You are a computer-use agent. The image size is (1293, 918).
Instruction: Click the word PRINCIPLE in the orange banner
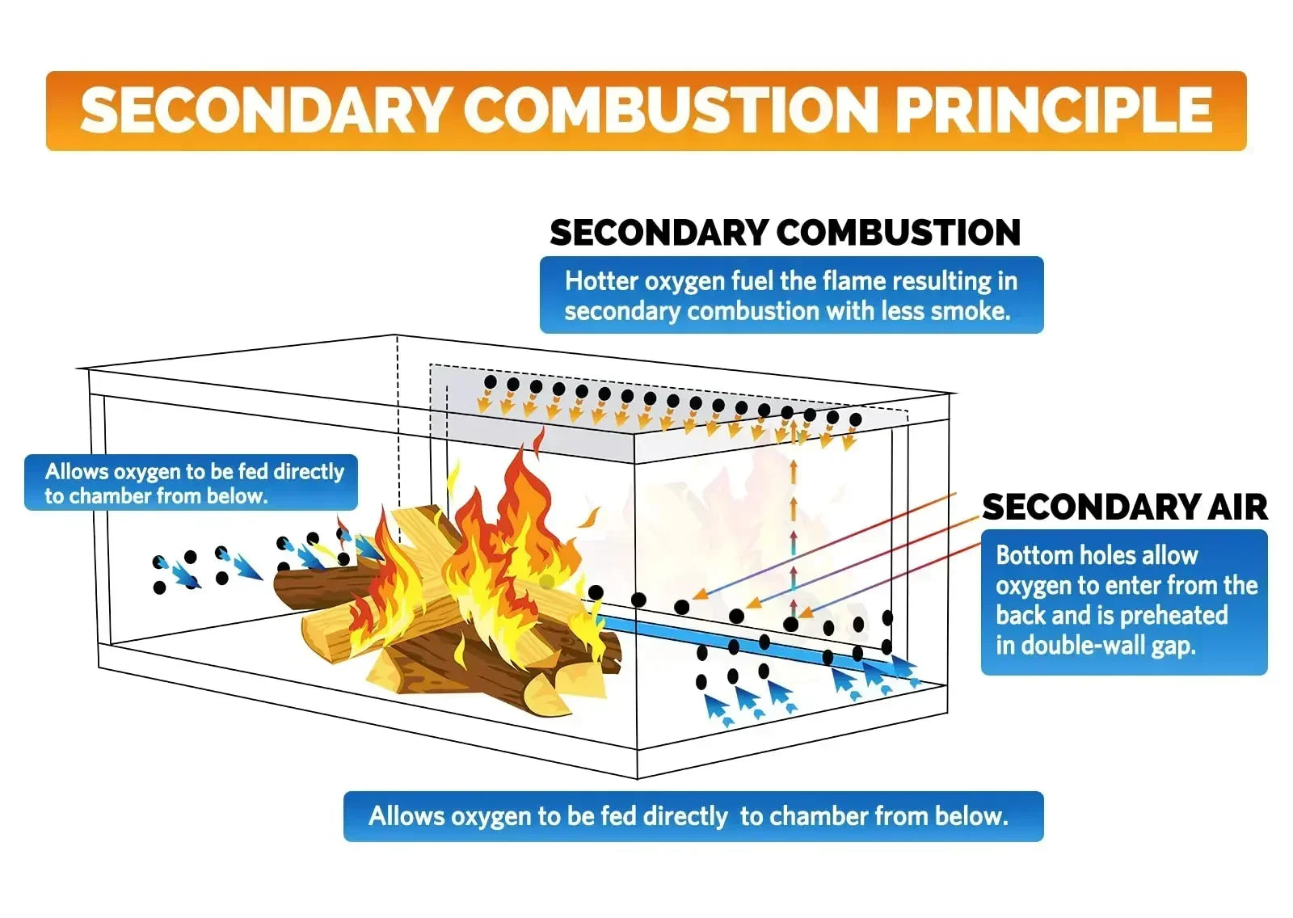1054,110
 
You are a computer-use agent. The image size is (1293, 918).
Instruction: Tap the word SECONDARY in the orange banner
264,110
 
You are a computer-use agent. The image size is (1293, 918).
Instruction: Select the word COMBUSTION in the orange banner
672,110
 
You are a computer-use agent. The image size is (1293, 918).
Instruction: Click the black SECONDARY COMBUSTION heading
785,233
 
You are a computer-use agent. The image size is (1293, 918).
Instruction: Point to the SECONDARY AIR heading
1124,507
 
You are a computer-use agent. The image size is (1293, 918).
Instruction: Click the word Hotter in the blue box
601,281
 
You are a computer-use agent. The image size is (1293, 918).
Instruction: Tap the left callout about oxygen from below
191,482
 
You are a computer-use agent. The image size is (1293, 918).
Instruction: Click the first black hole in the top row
490,381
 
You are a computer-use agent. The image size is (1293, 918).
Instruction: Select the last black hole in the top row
856,419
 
